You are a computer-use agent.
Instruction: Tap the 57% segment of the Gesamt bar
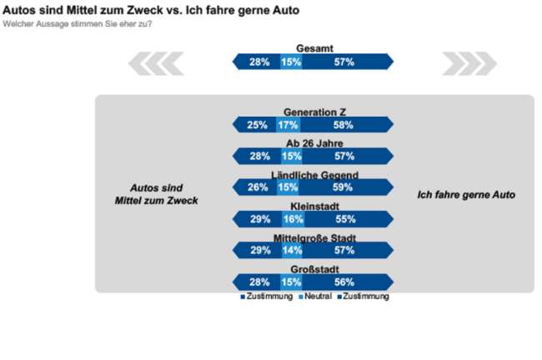tap(344, 62)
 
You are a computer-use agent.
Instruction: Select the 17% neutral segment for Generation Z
tap(288, 125)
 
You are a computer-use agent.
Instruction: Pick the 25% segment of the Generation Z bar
tap(257, 125)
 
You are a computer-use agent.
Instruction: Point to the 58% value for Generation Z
tap(343, 125)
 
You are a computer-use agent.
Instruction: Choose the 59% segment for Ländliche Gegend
tap(343, 187)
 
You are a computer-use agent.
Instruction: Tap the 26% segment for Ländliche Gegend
tap(257, 187)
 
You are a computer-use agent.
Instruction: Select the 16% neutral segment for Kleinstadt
tap(292, 219)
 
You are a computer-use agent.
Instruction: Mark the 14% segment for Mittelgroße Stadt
tap(292, 250)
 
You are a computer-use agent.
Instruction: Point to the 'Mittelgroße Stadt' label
tap(314, 238)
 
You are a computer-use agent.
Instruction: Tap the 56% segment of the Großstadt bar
tap(344, 282)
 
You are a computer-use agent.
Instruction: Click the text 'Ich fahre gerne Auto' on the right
tap(465, 195)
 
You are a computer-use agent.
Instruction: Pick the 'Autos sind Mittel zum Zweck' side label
tap(156, 194)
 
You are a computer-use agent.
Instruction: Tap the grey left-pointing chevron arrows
tap(156, 62)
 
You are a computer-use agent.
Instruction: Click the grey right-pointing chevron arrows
tap(469, 62)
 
